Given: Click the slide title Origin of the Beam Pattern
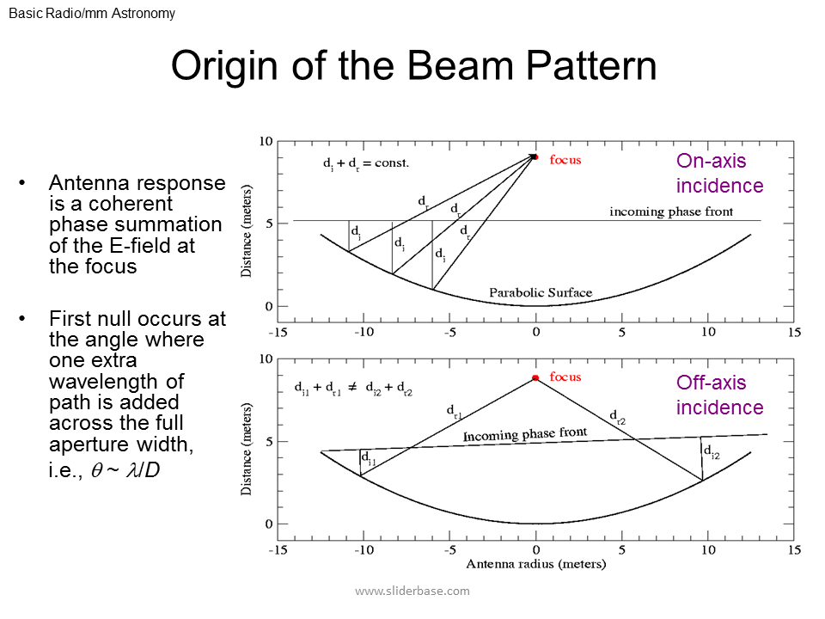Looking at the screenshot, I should coord(413,67).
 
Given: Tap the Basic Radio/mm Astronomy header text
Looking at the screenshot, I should coord(92,14).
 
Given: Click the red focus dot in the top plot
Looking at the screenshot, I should coord(535,156).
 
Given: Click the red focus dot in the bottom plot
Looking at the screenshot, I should coord(535,377).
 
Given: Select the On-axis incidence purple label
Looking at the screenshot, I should coord(719,173).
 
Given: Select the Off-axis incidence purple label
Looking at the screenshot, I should coord(719,395).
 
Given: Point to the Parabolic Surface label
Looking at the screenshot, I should coord(541,292).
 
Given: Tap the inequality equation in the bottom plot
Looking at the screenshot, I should coord(353,389).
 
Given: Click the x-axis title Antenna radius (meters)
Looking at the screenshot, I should coord(535,565).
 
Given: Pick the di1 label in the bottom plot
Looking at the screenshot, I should coord(368,460).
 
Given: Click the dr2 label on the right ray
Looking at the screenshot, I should coord(618,418).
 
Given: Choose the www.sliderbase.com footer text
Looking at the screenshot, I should coord(412,591).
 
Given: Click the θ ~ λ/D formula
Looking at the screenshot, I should coord(125,469).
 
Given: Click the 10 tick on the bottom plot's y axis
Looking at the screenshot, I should coord(266,359).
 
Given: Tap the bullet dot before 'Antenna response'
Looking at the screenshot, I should coord(22,183).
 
